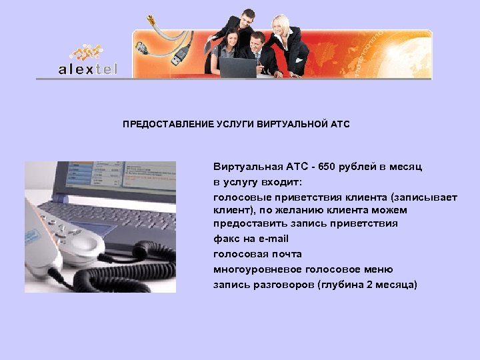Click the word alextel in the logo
[x=87, y=69]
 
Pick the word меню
[x=379, y=269]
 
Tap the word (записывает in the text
[x=424, y=197]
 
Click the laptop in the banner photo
[x=238, y=67]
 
